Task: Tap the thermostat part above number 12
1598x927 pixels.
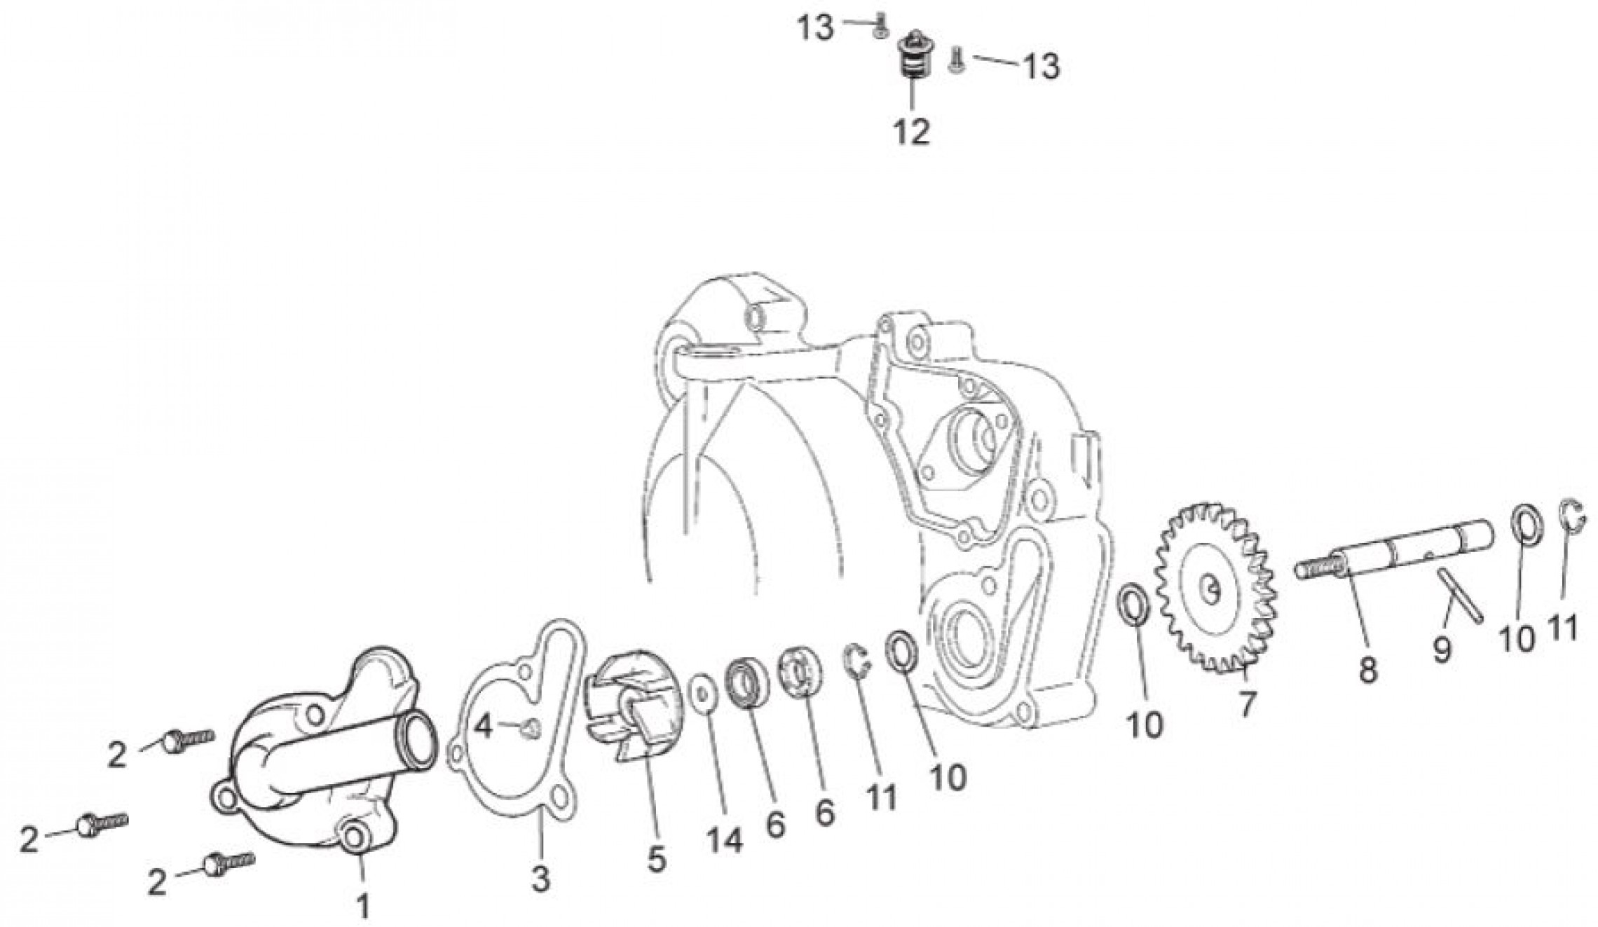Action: [911, 55]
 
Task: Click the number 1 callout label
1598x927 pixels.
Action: [363, 905]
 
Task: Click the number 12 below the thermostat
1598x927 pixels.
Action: [911, 130]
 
